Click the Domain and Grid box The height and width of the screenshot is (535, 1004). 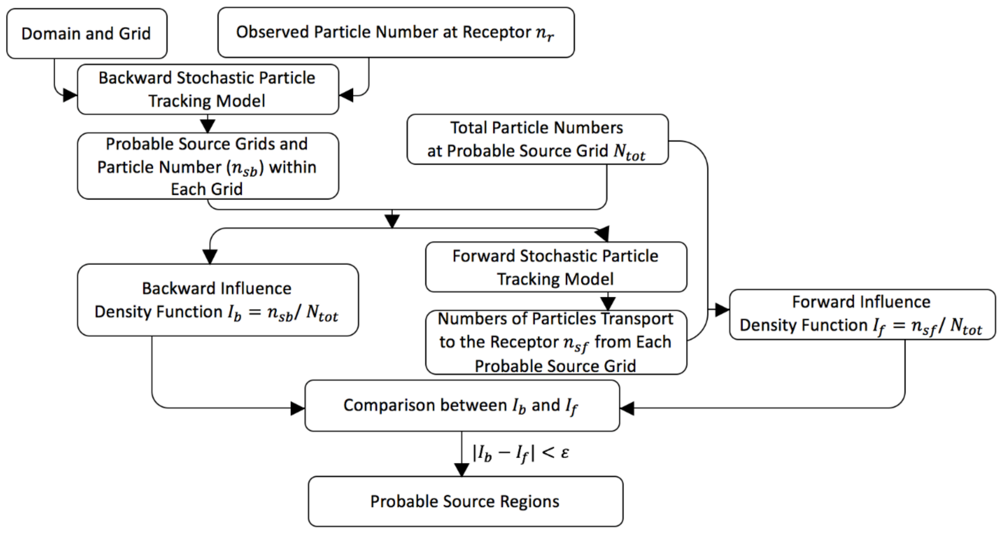tap(86, 34)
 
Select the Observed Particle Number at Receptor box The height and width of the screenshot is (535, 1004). tap(395, 33)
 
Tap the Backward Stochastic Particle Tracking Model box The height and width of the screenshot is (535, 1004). tap(208, 89)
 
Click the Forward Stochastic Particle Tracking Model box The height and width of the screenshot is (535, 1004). tap(556, 267)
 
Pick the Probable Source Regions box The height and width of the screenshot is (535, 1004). tap(465, 501)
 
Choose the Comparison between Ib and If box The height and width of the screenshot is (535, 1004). tap(462, 406)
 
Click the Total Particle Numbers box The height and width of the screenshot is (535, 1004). tap(537, 139)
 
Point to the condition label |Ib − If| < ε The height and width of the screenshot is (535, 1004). tap(520, 453)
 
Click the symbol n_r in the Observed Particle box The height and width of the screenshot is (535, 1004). tap(544, 34)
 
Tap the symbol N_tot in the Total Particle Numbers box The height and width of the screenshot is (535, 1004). tap(629, 152)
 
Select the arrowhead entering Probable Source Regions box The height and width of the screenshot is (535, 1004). tap(462, 470)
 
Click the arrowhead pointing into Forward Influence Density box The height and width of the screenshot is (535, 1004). tap(722, 311)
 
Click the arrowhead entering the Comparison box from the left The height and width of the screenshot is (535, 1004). tap(298, 409)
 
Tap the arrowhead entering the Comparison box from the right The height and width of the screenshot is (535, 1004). tap(627, 408)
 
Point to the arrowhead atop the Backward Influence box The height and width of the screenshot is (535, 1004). tap(210, 257)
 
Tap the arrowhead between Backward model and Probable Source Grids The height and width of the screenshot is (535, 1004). tap(208, 126)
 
